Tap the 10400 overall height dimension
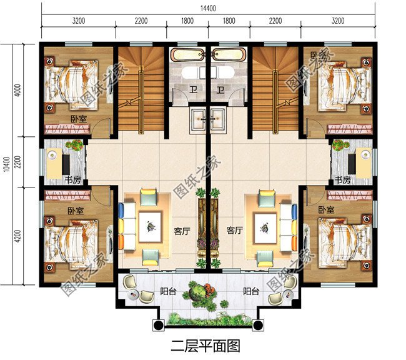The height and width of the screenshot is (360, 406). (x=6, y=164)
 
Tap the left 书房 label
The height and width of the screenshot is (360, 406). (x=72, y=180)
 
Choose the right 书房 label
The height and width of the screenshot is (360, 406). (x=342, y=180)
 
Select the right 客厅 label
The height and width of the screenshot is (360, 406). (x=235, y=230)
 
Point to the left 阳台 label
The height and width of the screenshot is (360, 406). (x=168, y=291)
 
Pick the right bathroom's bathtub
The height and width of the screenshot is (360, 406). (x=229, y=54)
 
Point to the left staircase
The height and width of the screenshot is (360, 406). (x=142, y=87)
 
